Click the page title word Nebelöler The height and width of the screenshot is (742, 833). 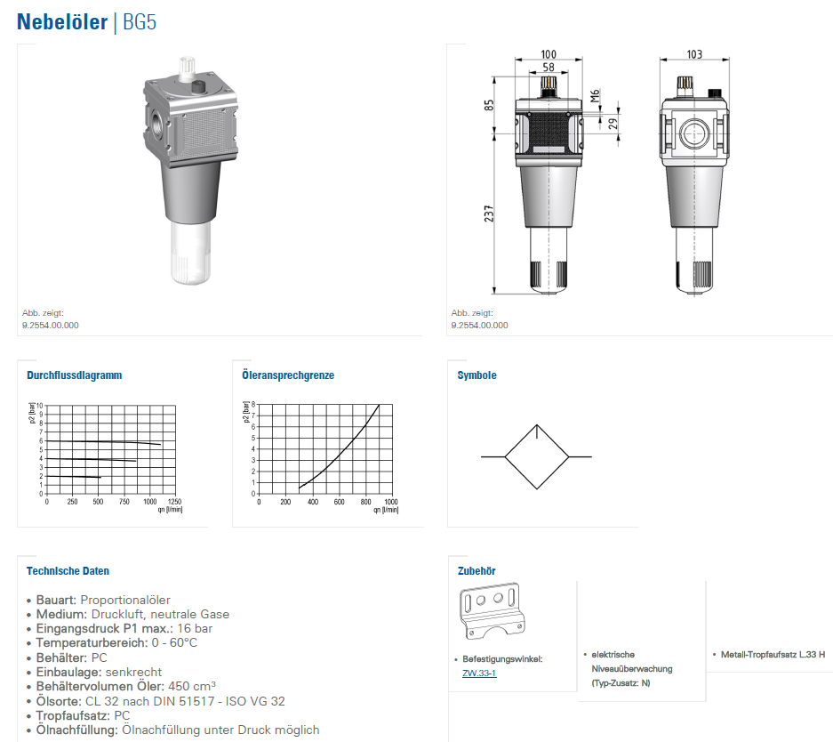click(x=62, y=21)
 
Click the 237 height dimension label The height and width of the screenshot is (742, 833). click(x=489, y=214)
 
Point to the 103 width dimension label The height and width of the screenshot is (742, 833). click(x=694, y=54)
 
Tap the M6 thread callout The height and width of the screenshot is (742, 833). click(x=595, y=96)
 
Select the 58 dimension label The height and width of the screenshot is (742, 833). click(x=549, y=68)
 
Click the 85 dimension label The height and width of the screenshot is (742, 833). click(x=489, y=105)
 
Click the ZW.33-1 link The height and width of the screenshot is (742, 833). click(x=479, y=673)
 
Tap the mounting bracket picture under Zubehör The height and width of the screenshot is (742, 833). click(x=492, y=610)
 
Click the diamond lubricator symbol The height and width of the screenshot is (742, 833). click(x=537, y=456)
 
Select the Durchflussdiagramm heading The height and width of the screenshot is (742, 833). click(x=75, y=375)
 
